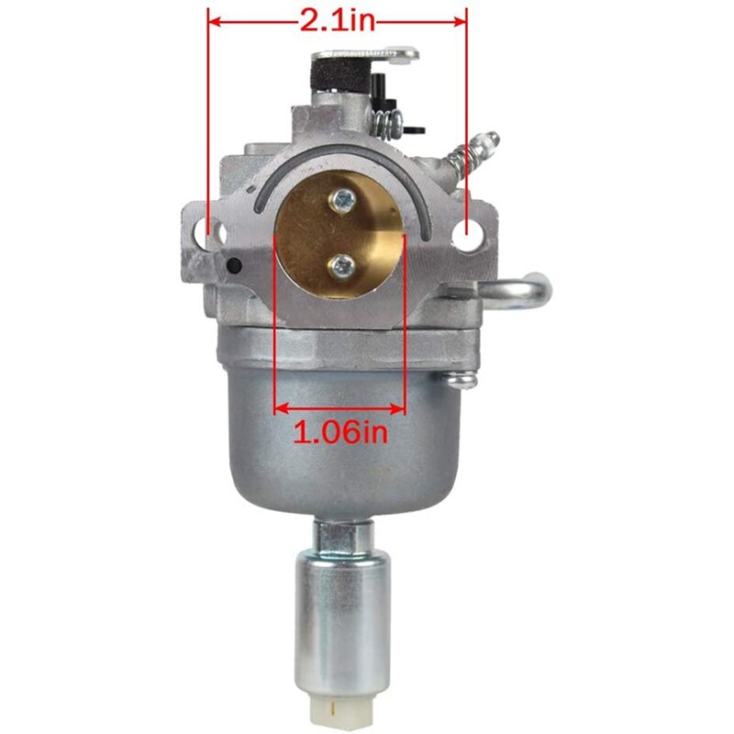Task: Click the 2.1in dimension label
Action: pos(338,20)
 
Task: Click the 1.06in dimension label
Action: pos(340,432)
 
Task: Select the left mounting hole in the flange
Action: pos(216,230)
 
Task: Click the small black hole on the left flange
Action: pos(233,266)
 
